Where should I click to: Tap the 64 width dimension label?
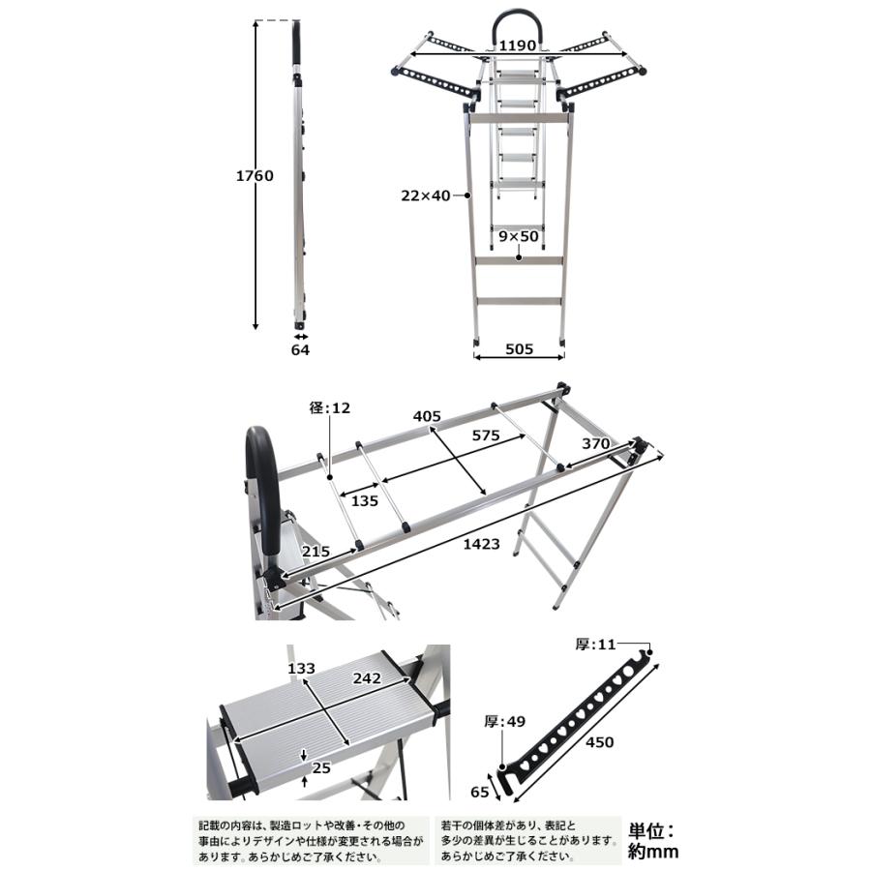click(300, 350)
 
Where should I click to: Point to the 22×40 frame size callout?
click(427, 195)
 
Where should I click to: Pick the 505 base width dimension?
click(519, 350)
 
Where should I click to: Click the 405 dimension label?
click(427, 416)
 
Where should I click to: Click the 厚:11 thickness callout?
click(595, 646)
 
